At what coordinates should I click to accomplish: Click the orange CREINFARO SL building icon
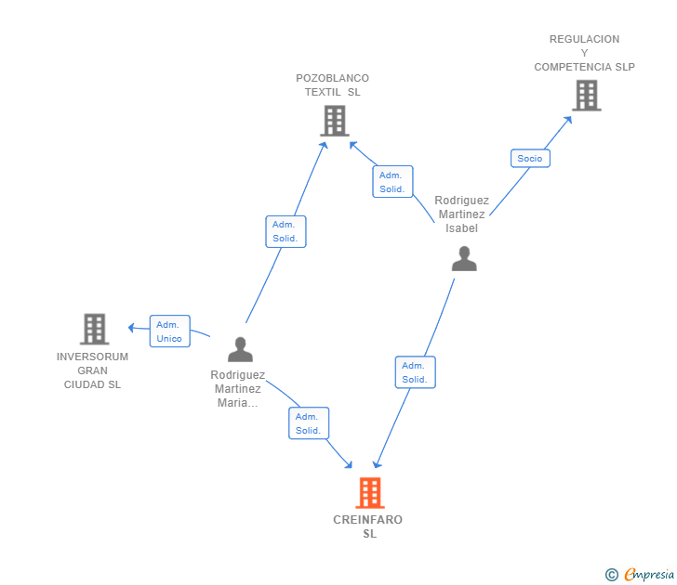tap(370, 493)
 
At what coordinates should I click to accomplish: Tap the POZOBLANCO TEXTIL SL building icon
tap(335, 121)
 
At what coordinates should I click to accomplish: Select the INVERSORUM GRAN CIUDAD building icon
tap(95, 329)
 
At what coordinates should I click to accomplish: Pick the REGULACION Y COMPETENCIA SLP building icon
tap(587, 96)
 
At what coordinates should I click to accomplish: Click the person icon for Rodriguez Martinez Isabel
tap(464, 259)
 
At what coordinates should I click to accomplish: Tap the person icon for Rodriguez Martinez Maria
tap(241, 349)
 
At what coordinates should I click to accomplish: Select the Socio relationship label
tap(530, 158)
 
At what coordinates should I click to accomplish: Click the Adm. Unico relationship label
tap(169, 331)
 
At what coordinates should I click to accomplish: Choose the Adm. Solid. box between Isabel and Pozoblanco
tap(392, 181)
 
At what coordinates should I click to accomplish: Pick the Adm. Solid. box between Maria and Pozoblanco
tap(285, 231)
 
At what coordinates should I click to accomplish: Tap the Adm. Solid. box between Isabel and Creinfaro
tap(416, 372)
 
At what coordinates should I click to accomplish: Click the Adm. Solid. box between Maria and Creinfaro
tap(309, 423)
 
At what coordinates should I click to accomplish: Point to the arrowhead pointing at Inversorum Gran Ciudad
tap(132, 328)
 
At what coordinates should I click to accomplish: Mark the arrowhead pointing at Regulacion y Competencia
tap(568, 120)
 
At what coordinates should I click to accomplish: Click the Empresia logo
tap(640, 574)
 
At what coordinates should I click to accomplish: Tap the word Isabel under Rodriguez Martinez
tap(461, 228)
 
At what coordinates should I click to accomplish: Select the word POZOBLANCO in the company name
tap(333, 78)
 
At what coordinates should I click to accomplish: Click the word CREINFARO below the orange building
tap(368, 519)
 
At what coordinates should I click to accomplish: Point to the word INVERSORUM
tap(92, 357)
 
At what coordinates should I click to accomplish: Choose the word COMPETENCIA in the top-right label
tap(570, 67)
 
